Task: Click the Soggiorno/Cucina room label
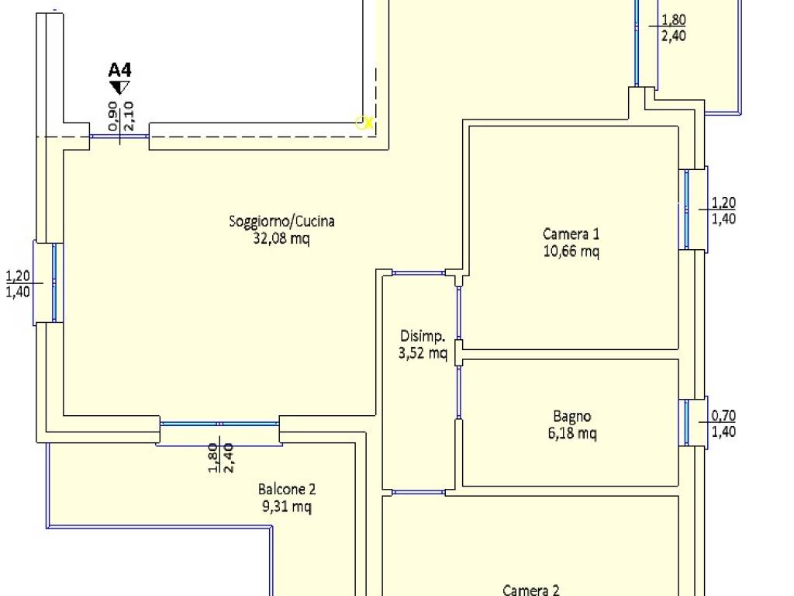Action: (281, 221)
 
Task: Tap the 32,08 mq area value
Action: (281, 238)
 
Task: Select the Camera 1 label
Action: (571, 234)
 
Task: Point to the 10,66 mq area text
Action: (571, 251)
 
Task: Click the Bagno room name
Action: (571, 417)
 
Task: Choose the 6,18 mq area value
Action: (572, 433)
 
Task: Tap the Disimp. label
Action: (423, 337)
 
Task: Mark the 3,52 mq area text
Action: (423, 353)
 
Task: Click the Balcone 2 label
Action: (287, 490)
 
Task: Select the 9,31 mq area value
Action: (287, 506)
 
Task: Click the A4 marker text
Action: (120, 69)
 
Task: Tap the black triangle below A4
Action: (120, 88)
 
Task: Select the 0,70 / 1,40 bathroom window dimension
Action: (723, 424)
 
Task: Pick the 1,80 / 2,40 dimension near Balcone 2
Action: (221, 458)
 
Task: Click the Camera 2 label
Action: (530, 590)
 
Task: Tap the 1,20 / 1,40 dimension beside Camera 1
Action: (723, 211)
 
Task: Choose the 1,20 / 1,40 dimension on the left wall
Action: (18, 284)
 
